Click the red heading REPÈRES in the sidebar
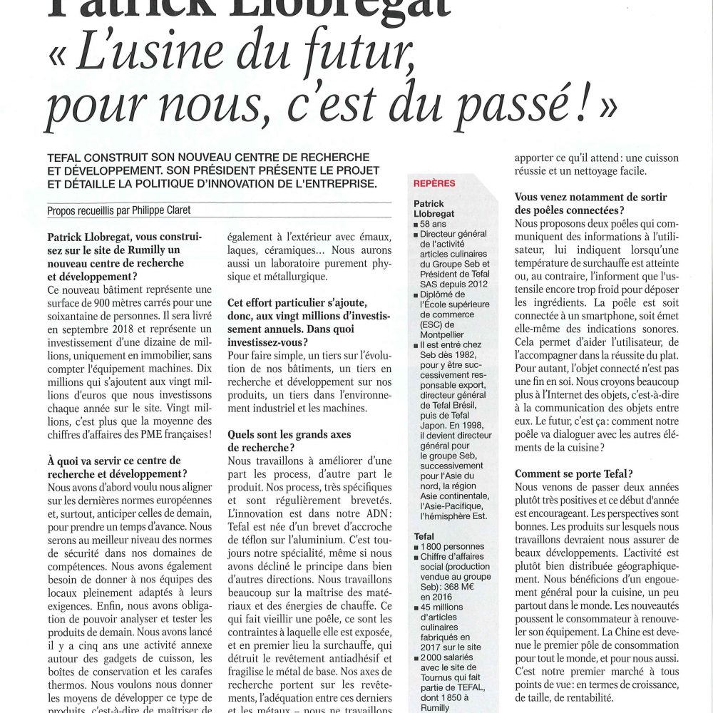434,183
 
